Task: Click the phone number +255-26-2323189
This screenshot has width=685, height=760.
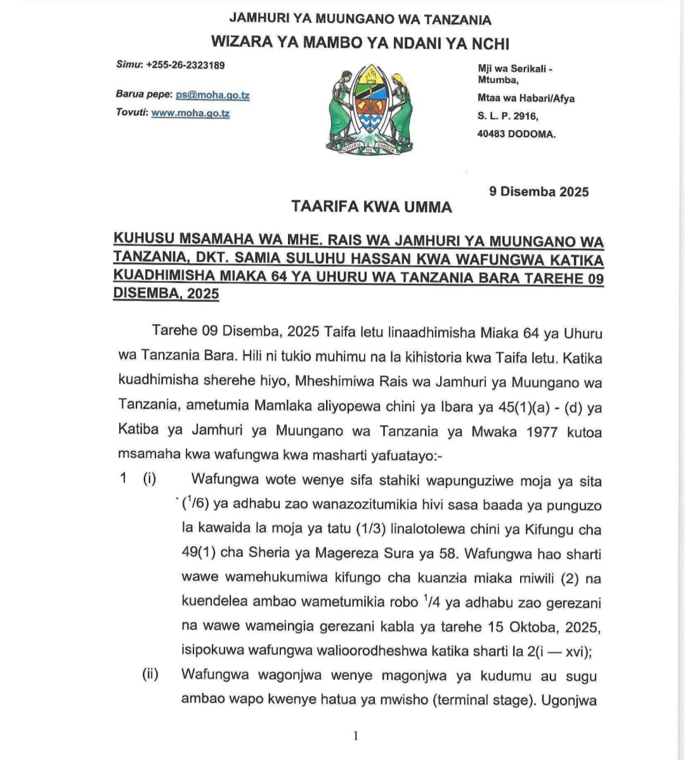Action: pyautogui.click(x=185, y=65)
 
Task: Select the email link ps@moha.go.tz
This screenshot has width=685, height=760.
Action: pyautogui.click(x=212, y=95)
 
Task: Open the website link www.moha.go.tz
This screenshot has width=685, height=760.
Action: pyautogui.click(x=190, y=114)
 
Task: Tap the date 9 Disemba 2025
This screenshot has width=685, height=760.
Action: pyautogui.click(x=539, y=192)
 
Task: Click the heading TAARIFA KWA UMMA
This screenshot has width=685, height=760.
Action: pyautogui.click(x=372, y=207)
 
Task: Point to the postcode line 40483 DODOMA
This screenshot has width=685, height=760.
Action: pyautogui.click(x=516, y=134)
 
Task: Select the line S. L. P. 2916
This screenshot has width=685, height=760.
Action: pyautogui.click(x=507, y=116)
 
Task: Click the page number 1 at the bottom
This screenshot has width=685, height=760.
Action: pyautogui.click(x=355, y=736)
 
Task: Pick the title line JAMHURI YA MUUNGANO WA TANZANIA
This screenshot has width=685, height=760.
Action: pyautogui.click(x=360, y=20)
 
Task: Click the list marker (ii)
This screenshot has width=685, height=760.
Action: pyautogui.click(x=150, y=676)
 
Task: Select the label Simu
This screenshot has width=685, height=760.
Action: pyautogui.click(x=129, y=65)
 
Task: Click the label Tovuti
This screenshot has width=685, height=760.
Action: pyautogui.click(x=132, y=114)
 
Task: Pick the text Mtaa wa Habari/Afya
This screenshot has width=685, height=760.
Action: pyautogui.click(x=526, y=98)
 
